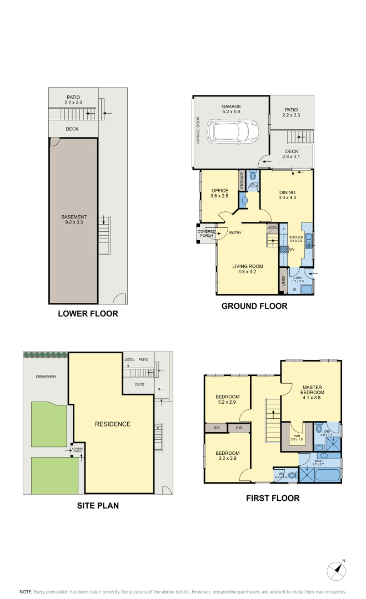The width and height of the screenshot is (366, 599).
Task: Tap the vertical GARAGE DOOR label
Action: (x=197, y=131)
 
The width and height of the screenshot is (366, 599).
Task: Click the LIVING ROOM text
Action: (x=248, y=266)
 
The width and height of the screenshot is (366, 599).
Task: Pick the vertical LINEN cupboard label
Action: (x=283, y=282)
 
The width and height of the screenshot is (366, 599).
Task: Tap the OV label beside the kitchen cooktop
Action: (x=291, y=249)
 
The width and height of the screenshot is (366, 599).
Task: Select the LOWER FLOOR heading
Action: (x=88, y=313)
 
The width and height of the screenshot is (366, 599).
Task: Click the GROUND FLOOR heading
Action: (x=254, y=306)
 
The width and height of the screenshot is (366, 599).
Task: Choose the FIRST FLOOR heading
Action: (x=272, y=498)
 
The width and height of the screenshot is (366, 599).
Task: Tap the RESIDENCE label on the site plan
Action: (x=112, y=424)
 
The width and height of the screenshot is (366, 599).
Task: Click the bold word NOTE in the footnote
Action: (x=26, y=591)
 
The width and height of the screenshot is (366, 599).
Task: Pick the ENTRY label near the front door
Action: (x=235, y=232)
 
